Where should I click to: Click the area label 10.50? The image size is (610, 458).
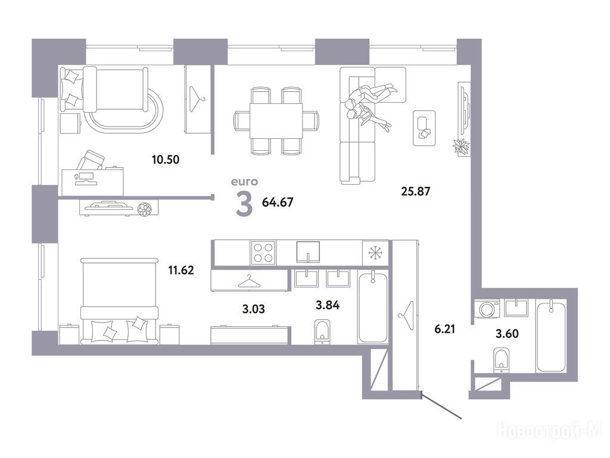(166, 159)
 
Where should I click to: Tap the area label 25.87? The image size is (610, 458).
(415, 191)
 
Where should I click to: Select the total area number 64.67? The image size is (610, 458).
(278, 202)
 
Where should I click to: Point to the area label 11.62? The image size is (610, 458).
(181, 270)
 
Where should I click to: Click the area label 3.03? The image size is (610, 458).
(253, 309)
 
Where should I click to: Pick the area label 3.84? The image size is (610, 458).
(328, 305)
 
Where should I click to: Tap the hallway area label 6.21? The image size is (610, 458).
(444, 329)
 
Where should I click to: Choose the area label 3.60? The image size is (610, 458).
(507, 334)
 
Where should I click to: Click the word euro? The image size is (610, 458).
(244, 181)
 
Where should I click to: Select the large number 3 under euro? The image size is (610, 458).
(244, 205)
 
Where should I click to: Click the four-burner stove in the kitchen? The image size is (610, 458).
(263, 252)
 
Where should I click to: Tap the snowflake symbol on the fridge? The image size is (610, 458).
(375, 253)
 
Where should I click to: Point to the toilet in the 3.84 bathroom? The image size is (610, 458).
(322, 332)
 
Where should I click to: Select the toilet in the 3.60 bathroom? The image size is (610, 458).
(501, 361)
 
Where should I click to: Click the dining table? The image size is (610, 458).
(276, 120)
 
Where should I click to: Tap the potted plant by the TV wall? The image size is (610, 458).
(462, 147)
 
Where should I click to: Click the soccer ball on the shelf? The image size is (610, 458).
(144, 209)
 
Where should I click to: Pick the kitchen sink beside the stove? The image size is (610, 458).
(308, 252)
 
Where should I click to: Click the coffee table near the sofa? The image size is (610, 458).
(424, 128)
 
